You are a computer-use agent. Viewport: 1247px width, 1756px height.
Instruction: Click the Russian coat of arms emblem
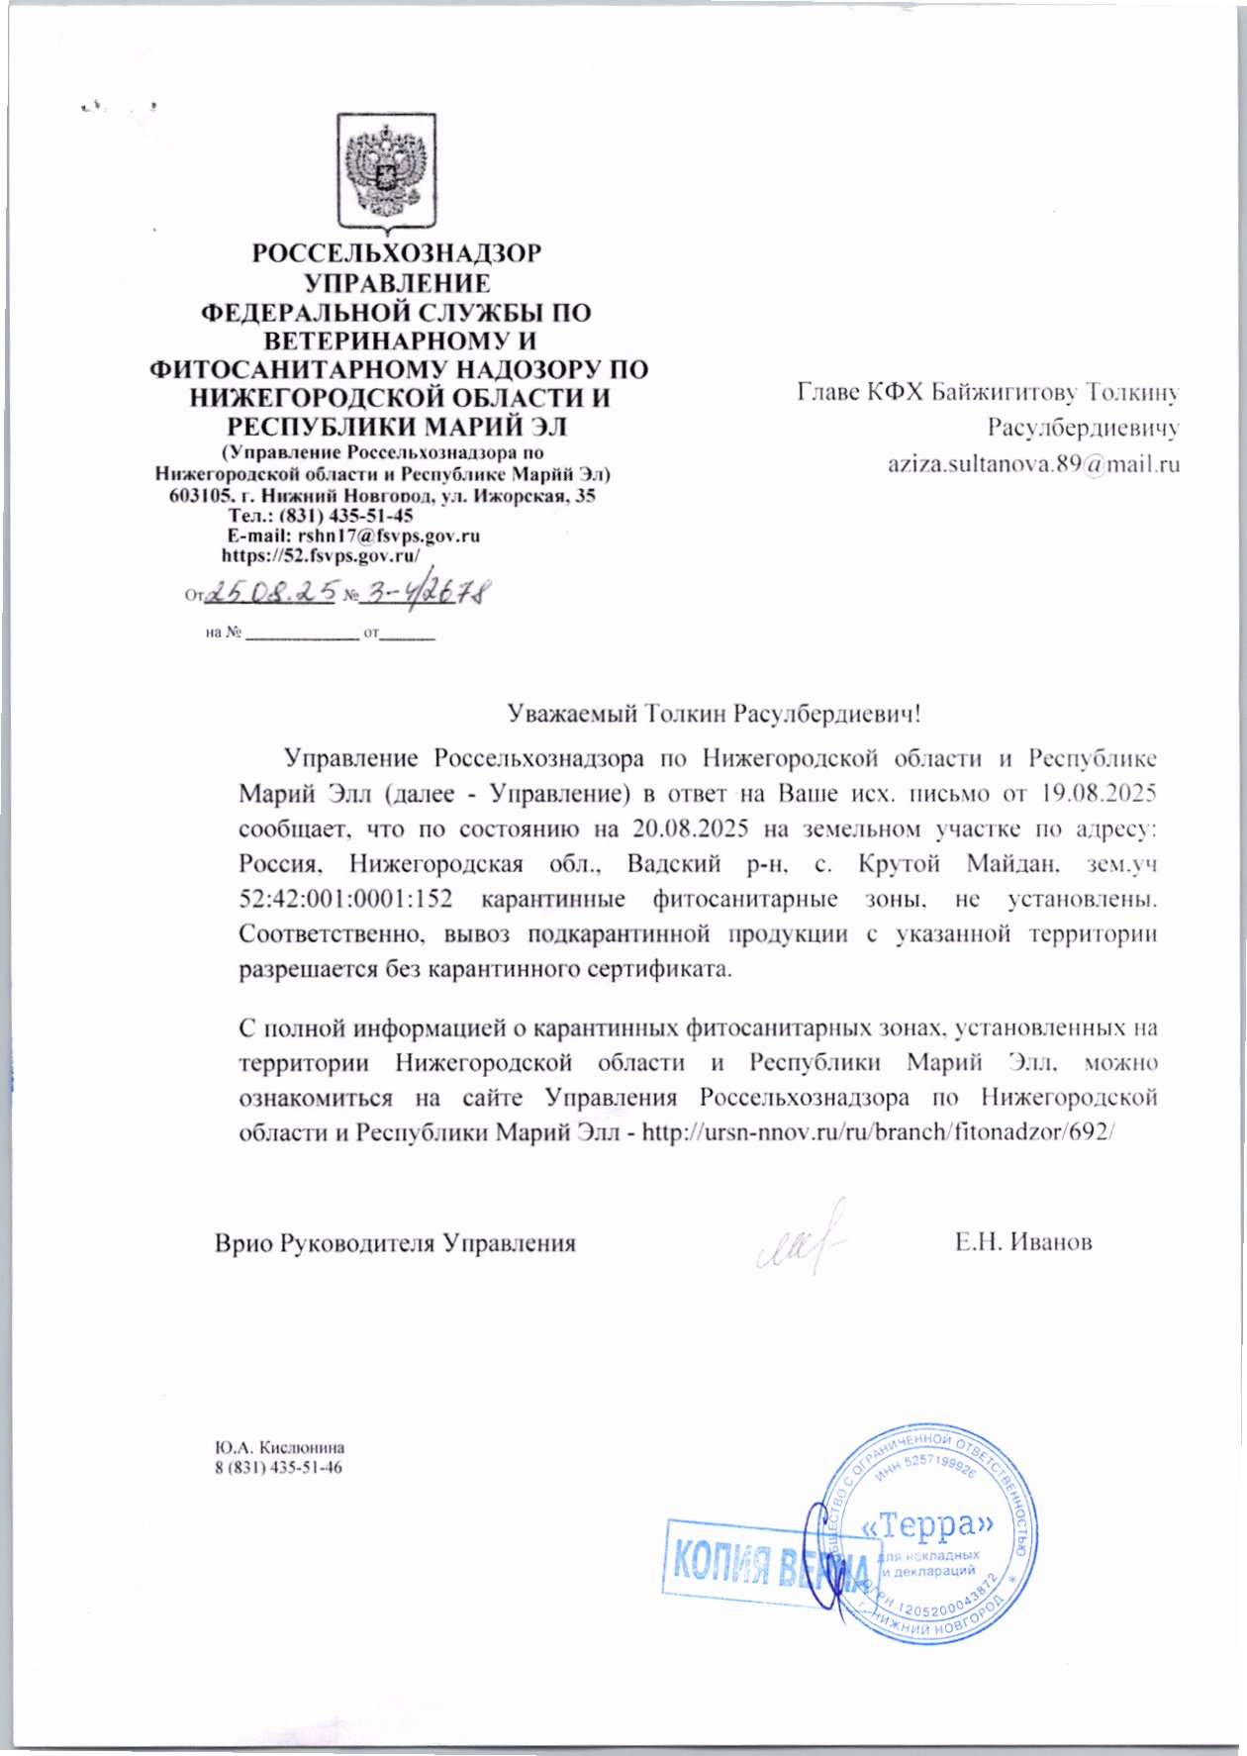(386, 170)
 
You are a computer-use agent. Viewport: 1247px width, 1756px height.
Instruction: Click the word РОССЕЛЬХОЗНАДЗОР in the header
(396, 253)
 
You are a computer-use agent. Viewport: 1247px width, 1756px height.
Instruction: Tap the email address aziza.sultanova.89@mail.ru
(1033, 463)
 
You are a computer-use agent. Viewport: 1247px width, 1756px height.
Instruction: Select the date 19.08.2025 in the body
(1099, 794)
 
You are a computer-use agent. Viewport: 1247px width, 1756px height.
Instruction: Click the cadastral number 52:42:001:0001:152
(345, 900)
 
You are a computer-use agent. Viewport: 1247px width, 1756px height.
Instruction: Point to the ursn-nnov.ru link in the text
(879, 1131)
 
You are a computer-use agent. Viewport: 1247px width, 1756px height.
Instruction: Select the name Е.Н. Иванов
(1023, 1242)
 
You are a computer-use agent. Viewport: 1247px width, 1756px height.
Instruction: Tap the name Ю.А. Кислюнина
(280, 1447)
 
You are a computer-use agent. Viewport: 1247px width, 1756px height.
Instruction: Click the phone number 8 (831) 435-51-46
(279, 1467)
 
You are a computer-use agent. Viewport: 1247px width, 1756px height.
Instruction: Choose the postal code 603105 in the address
(198, 496)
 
